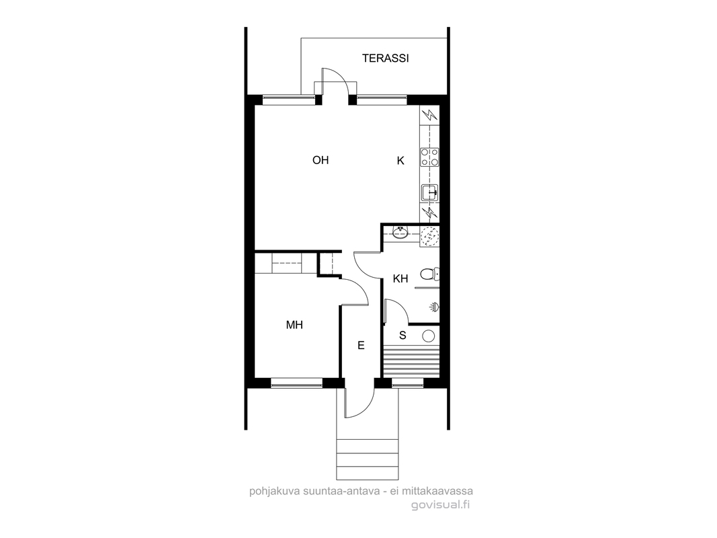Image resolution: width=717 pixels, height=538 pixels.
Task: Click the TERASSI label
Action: [386, 58]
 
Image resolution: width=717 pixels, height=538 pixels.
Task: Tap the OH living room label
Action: [321, 160]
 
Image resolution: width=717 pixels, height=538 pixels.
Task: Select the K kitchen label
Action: [400, 161]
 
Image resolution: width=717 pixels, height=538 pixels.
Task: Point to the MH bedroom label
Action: [294, 325]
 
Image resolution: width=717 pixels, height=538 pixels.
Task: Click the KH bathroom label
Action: [400, 278]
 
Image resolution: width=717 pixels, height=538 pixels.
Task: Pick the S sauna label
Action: [403, 336]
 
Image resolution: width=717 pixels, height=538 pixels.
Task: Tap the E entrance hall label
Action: [361, 346]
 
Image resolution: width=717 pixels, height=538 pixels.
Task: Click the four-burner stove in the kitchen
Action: [429, 157]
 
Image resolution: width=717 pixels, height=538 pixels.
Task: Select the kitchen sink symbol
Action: [429, 192]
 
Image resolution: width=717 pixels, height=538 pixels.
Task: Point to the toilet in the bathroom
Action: [429, 274]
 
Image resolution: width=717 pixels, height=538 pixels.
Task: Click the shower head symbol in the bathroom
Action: [434, 307]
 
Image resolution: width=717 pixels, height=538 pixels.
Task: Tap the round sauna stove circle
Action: [429, 336]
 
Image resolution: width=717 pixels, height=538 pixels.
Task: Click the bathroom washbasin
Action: [400, 233]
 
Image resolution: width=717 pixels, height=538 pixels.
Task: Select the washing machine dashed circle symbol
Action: [430, 236]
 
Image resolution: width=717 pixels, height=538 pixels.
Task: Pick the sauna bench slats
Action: [411, 361]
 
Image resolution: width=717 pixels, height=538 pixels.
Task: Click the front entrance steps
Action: [367, 459]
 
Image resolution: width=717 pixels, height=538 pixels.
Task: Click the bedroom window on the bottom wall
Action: [297, 383]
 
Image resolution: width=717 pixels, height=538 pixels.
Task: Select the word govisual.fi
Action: [440, 504]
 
